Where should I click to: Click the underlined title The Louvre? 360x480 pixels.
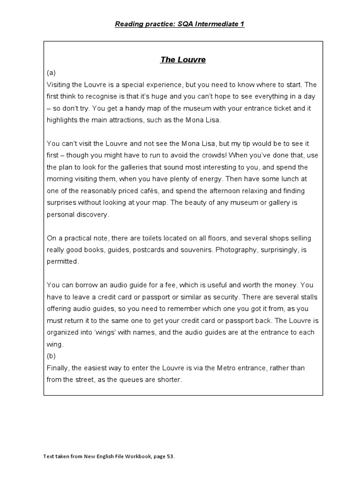click(183, 60)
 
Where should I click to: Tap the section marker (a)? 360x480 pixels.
click(52, 73)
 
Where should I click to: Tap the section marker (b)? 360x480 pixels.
click(52, 356)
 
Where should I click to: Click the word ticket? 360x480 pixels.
click(281, 108)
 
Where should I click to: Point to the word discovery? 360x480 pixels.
click(92, 215)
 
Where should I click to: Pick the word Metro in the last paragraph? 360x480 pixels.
click(228, 368)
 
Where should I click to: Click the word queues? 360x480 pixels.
click(134, 380)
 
